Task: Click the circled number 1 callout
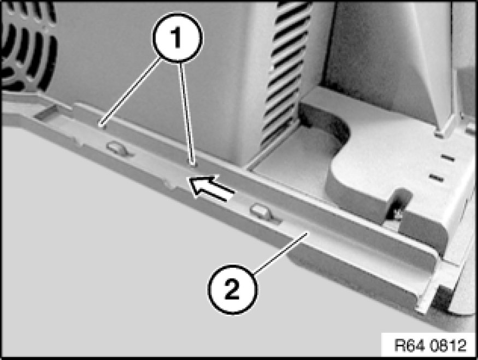pyautogui.click(x=177, y=38)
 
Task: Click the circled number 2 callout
pyautogui.click(x=232, y=289)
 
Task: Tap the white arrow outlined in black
pyautogui.click(x=211, y=187)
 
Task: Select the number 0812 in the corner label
pyautogui.click(x=449, y=345)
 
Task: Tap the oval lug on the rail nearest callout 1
pyautogui.click(x=117, y=149)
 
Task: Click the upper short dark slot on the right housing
pyautogui.click(x=447, y=158)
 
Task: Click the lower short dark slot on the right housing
pyautogui.click(x=436, y=178)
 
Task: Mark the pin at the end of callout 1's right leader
pyautogui.click(x=192, y=165)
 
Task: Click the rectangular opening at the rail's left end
pyautogui.click(x=46, y=112)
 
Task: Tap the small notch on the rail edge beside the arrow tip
pyautogui.click(x=173, y=183)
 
